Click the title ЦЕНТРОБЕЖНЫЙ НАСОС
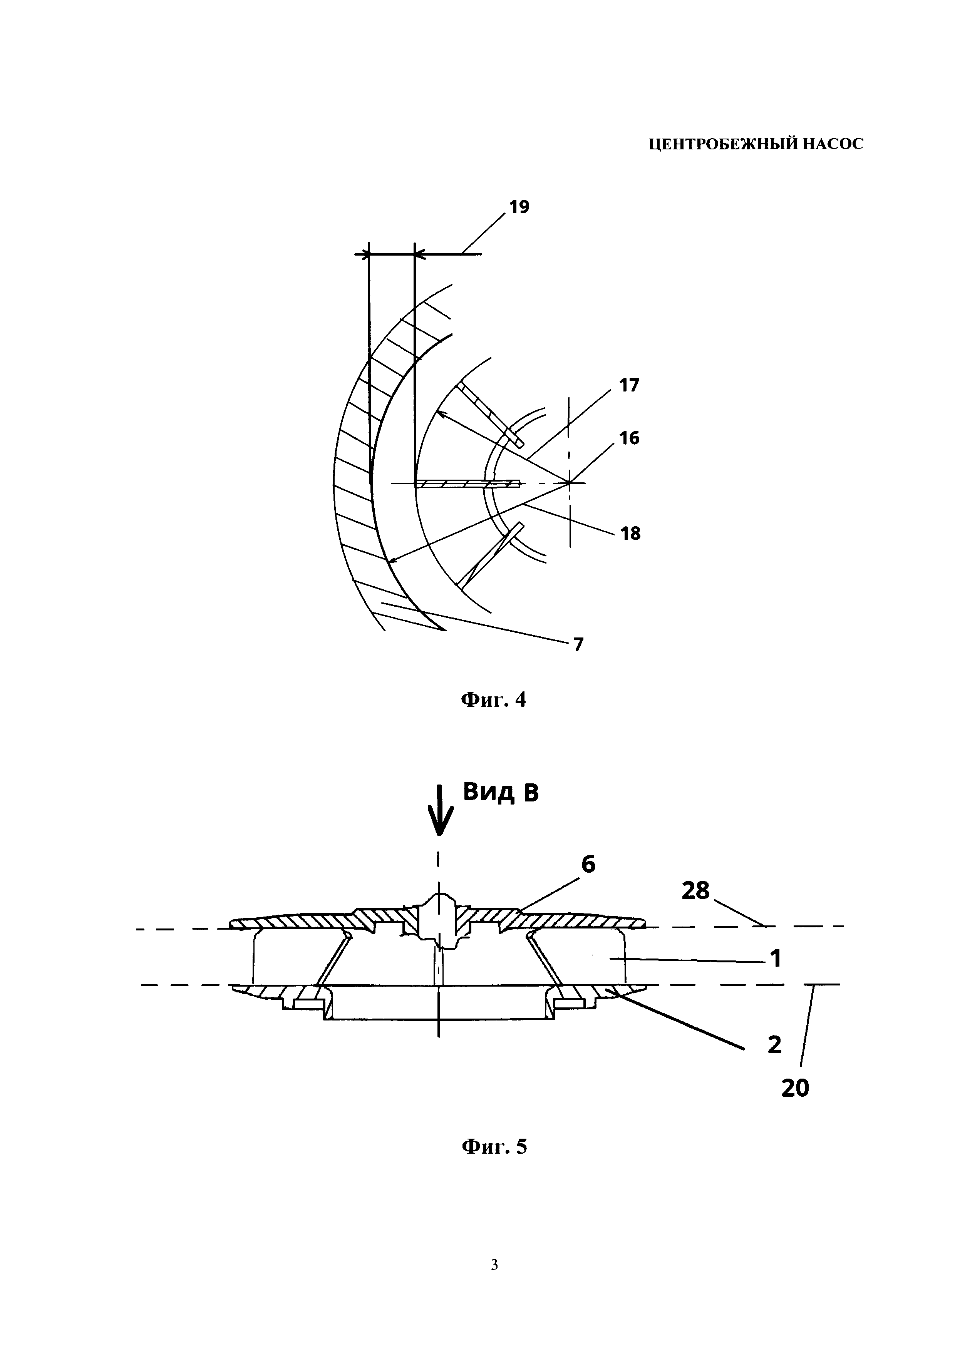[756, 144]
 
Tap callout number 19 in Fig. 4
[519, 207]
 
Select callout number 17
[628, 386]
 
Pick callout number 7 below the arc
[579, 645]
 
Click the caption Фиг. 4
[493, 700]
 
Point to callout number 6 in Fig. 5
[588, 864]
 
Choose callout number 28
[696, 892]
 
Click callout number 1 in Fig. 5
[776, 959]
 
